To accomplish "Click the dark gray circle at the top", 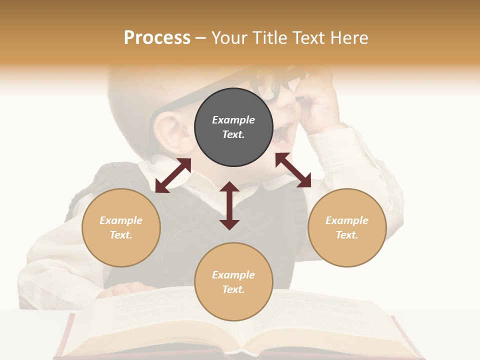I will click(233, 127).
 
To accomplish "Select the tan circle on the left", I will click(121, 227).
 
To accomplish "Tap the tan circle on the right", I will click(347, 227).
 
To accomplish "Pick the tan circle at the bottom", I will click(233, 282).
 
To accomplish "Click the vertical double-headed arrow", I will click(229, 205).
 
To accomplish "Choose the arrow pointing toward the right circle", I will click(293, 170).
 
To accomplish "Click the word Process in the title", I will click(157, 38).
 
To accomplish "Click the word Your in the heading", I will click(228, 38).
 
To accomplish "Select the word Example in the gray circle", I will click(233, 120).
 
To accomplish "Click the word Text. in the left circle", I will click(121, 235).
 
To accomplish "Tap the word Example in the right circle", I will click(347, 220).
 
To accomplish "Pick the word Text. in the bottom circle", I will click(233, 289).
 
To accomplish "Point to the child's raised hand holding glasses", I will click(315, 97).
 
